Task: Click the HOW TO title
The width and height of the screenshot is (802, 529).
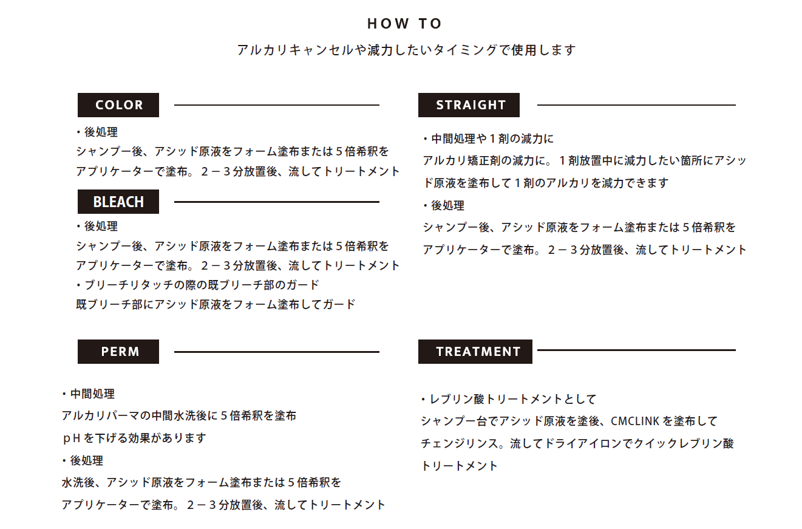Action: click(x=404, y=24)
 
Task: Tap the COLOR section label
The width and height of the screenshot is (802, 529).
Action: click(x=118, y=105)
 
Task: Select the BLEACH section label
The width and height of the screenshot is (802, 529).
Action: click(x=118, y=202)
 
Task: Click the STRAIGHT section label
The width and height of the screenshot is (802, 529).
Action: click(x=469, y=105)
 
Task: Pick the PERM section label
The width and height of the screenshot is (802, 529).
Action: click(x=118, y=352)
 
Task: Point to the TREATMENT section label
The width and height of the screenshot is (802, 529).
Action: click(x=475, y=352)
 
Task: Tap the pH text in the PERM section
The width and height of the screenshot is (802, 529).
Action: click(x=71, y=438)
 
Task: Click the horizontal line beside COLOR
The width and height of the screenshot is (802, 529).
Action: click(x=277, y=105)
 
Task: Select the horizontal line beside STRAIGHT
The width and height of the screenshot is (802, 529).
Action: click(x=636, y=105)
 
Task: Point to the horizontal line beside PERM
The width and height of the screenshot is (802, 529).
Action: click(x=277, y=352)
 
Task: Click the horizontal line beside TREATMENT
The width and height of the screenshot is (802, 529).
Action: click(x=636, y=350)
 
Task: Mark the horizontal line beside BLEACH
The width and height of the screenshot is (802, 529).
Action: click(x=277, y=202)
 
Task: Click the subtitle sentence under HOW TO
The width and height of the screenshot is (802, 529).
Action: click(x=406, y=50)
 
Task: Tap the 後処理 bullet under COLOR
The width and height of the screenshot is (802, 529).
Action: click(x=97, y=132)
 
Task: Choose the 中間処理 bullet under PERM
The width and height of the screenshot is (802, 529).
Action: click(x=88, y=394)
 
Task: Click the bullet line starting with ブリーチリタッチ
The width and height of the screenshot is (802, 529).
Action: click(x=198, y=285)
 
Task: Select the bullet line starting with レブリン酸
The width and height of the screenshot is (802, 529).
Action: click(x=508, y=399)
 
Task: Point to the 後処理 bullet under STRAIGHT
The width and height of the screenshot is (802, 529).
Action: click(x=444, y=205)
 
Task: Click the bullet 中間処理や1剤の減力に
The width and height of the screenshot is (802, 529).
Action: click(x=488, y=138)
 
